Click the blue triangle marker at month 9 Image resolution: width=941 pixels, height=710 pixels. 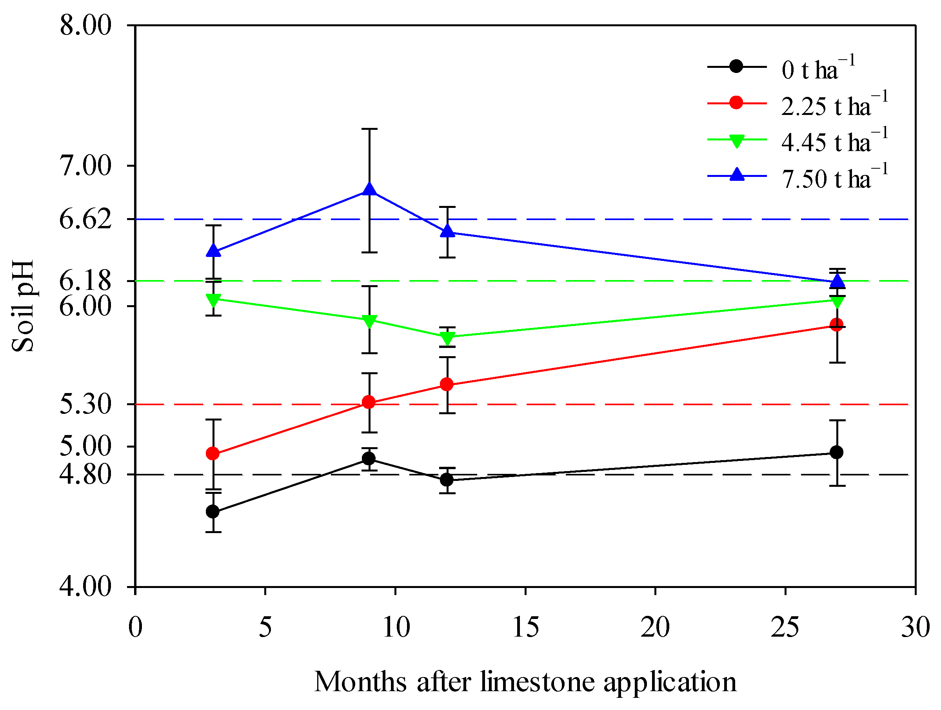point(369,189)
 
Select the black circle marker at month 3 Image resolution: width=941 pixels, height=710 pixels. point(213,512)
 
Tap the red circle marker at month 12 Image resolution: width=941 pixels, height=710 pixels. point(447,384)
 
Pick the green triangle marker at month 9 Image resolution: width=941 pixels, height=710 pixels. point(369,321)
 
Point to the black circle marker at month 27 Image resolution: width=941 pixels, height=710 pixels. point(836,452)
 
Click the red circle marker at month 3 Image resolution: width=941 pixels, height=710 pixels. point(213,454)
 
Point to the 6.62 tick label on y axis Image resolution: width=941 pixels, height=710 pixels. point(85,220)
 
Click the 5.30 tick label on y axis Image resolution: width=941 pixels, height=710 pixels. point(85,404)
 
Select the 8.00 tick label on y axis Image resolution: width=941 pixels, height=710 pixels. point(85,25)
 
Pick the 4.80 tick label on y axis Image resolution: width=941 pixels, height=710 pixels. point(85,474)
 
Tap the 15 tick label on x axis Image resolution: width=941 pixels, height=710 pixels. point(525,627)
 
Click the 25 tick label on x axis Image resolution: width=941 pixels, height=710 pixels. point(785,627)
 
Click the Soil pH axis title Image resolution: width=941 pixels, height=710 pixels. point(22,306)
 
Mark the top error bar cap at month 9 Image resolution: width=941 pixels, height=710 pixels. point(369,129)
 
